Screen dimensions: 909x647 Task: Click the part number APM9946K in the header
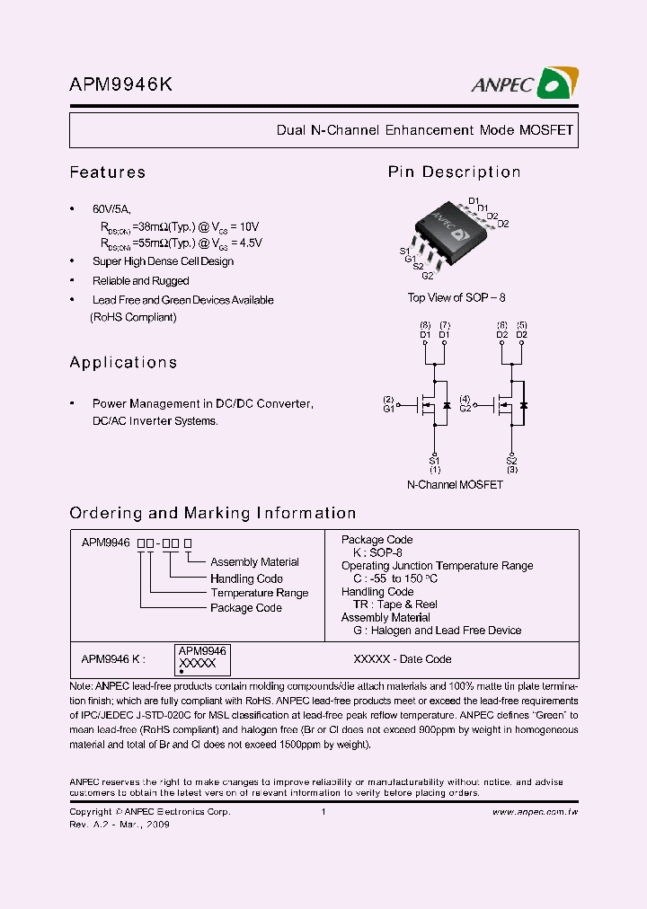click(x=121, y=84)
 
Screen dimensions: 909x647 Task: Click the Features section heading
click(x=107, y=172)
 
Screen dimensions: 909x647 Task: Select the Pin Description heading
click(x=454, y=172)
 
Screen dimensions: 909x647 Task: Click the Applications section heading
click(x=123, y=363)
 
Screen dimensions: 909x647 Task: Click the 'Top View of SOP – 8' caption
click(x=450, y=298)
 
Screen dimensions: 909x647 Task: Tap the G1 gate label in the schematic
click(x=388, y=409)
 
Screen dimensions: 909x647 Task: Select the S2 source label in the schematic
click(x=511, y=461)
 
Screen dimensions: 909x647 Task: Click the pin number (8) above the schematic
click(x=425, y=324)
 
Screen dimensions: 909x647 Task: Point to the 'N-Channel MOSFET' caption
click(x=455, y=485)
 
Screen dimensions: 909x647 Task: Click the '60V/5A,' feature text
click(x=111, y=207)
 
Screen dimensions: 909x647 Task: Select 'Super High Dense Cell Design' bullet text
click(x=163, y=261)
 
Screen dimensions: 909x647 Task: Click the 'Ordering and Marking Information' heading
click(x=213, y=514)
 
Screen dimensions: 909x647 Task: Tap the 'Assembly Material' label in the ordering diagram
click(x=254, y=562)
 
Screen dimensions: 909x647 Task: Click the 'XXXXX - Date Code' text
click(x=403, y=659)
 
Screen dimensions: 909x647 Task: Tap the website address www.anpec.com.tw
click(x=535, y=812)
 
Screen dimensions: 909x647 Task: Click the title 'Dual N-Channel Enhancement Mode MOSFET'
click(x=424, y=130)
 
